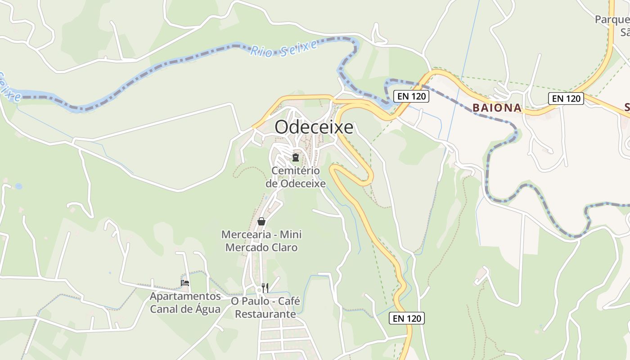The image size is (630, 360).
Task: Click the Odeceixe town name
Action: point(314,127)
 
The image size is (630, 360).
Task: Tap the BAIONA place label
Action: point(497,108)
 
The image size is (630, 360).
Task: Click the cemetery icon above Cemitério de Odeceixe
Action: point(296,157)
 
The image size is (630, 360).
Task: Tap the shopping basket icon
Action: point(261,221)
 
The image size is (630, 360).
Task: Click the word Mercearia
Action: point(246,235)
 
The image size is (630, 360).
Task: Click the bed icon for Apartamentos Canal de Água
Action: point(185,283)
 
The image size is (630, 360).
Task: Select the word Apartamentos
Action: point(185,297)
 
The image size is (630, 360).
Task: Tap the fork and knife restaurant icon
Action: point(265,288)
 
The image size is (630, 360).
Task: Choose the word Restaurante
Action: point(265,314)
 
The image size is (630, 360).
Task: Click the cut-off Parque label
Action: point(612,19)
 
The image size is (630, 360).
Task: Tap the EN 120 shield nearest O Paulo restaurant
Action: point(407,319)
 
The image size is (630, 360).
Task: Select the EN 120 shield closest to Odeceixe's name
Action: point(411,96)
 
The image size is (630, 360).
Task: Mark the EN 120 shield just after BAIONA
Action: point(566,99)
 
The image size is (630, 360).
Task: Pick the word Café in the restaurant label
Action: point(289,301)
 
